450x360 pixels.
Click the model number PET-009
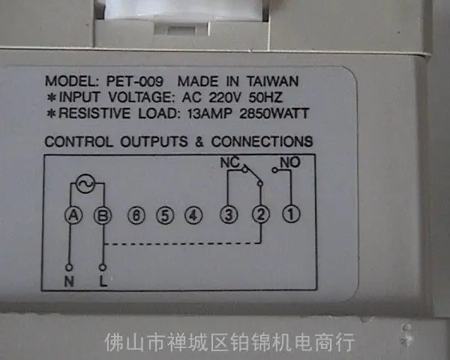tap(134, 81)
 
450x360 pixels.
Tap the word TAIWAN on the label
tap(273, 81)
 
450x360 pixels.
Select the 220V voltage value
tap(224, 97)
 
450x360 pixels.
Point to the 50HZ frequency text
tap(265, 97)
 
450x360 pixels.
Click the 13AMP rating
tap(209, 114)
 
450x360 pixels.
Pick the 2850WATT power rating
tap(274, 114)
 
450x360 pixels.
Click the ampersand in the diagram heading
tap(199, 142)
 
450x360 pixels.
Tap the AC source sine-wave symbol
tap(85, 184)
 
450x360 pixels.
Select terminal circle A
tap(73, 215)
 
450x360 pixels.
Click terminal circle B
tap(103, 215)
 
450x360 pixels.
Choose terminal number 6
tap(136, 215)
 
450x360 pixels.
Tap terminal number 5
tap(165, 215)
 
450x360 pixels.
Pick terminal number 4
tap(193, 215)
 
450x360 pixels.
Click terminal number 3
tap(229, 214)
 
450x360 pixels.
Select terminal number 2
tap(260, 214)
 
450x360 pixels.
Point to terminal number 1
tap(291, 214)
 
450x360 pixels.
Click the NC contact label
tap(229, 163)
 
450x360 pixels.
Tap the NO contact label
tap(290, 163)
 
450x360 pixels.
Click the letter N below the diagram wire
tap(69, 281)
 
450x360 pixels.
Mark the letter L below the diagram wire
tap(103, 280)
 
